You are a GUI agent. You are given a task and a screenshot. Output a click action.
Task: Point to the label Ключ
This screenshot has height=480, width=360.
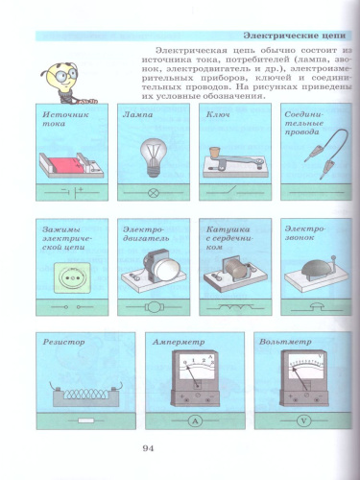(218, 112)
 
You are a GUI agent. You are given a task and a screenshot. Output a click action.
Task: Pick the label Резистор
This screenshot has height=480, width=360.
(62, 341)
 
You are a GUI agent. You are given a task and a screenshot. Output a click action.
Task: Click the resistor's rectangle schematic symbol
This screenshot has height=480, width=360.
(87, 420)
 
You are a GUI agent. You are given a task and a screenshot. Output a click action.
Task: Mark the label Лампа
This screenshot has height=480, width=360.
(138, 112)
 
